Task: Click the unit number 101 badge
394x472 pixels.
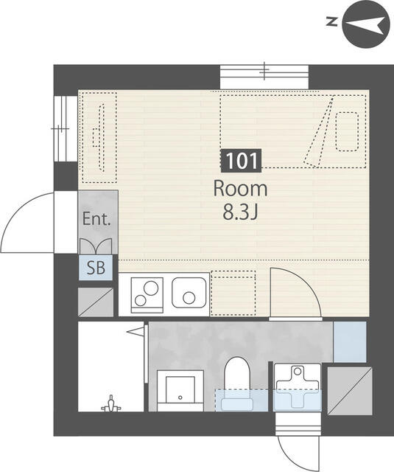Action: [x=241, y=161]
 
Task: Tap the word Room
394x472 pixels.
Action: [x=240, y=190]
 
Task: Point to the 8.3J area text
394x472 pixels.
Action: [x=240, y=213]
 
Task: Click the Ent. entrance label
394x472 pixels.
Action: [x=96, y=219]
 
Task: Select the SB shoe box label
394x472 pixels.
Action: [x=96, y=267]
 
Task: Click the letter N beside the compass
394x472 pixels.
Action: [x=332, y=21]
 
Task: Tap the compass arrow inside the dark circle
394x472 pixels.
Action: [x=365, y=25]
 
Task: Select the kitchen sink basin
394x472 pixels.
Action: [x=189, y=293]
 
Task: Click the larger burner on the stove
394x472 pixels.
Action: [x=151, y=288]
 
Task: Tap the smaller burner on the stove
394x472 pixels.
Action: [x=141, y=300]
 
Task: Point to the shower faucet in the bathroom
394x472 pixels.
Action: [x=111, y=404]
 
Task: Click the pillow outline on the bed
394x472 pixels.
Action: [x=347, y=131]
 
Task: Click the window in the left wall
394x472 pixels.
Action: [x=64, y=129]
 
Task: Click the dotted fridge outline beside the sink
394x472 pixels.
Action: [x=233, y=294]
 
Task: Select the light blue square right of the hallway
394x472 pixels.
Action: [x=350, y=341]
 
